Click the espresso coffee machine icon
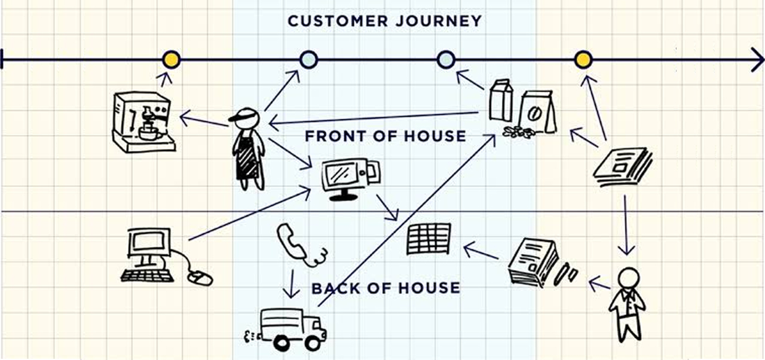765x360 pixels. pos(143,122)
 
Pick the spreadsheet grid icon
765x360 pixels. pos(429,239)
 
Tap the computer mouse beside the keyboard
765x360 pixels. pos(200,277)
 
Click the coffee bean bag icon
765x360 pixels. pos(536,112)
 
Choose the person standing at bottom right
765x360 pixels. pos(627,303)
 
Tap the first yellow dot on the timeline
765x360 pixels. pos(172,59)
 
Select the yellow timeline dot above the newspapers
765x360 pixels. pos(583,59)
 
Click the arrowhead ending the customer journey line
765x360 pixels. pos(757,60)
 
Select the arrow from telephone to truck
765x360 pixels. pos(291,284)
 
